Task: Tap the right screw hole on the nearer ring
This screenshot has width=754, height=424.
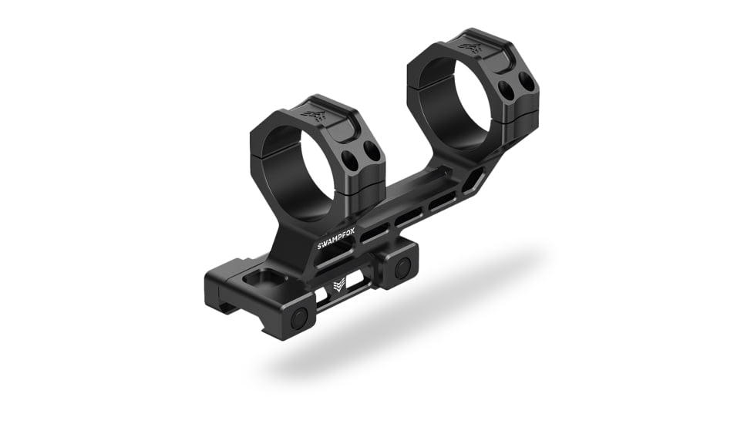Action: [374, 153]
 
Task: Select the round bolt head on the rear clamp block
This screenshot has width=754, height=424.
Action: [402, 268]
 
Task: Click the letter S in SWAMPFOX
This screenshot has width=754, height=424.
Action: [320, 246]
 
